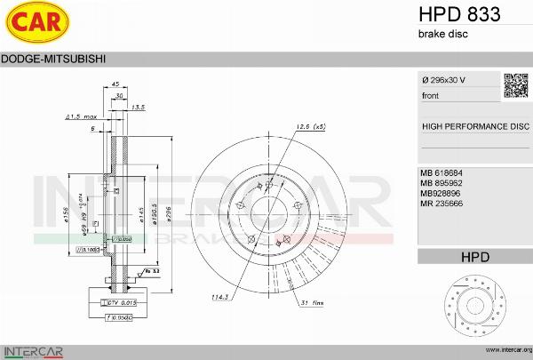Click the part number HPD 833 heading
[458, 14]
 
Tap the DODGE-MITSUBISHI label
[55, 59]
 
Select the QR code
[516, 84]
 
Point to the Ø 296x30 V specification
[446, 81]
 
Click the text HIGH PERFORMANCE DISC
[474, 126]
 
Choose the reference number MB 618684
[442, 172]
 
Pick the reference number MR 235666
[442, 204]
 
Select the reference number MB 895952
[442, 182]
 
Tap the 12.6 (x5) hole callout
[310, 126]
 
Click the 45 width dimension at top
[115, 84]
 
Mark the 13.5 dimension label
[138, 107]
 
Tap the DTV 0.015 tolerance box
[121, 304]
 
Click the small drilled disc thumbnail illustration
[475, 306]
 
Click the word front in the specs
[431, 94]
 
